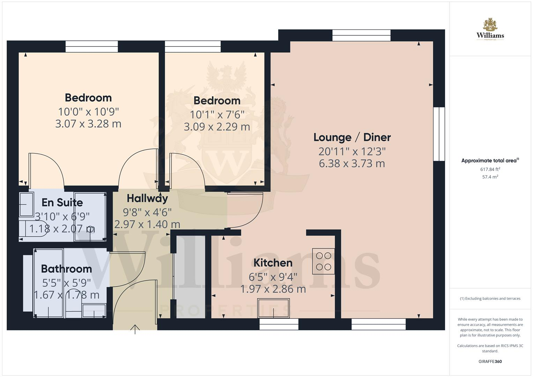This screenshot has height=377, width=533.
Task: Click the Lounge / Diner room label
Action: click(x=352, y=137)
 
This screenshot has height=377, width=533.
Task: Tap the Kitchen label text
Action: click(x=273, y=263)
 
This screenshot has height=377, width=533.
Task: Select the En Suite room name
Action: click(x=62, y=202)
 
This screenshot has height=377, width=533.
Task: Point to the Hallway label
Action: click(x=147, y=198)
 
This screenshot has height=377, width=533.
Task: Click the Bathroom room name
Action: click(x=66, y=269)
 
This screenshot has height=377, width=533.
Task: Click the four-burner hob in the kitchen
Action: click(x=323, y=261)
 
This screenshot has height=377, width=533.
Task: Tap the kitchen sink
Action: click(x=273, y=308)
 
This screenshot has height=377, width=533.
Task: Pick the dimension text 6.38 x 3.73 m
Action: click(x=352, y=163)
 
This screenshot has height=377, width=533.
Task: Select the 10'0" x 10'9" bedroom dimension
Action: click(x=88, y=112)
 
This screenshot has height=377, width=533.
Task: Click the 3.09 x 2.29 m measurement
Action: click(x=217, y=127)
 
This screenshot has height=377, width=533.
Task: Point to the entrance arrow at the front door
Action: click(x=135, y=329)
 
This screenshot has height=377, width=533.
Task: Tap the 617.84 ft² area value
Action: click(x=490, y=169)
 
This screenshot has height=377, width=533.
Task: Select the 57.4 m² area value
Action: click(x=490, y=177)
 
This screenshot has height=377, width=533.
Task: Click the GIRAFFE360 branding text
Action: click(x=490, y=361)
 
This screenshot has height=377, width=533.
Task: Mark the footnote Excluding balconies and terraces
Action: click(x=490, y=298)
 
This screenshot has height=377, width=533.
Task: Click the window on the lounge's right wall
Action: click(x=439, y=134)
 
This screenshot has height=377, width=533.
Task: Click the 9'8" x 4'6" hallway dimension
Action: click(x=147, y=212)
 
